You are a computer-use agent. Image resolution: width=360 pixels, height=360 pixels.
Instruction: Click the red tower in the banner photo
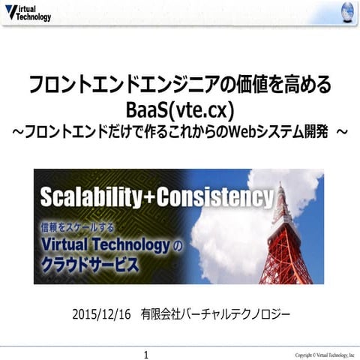pos(283,240)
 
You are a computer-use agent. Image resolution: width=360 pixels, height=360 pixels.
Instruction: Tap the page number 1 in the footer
pos(146,353)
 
